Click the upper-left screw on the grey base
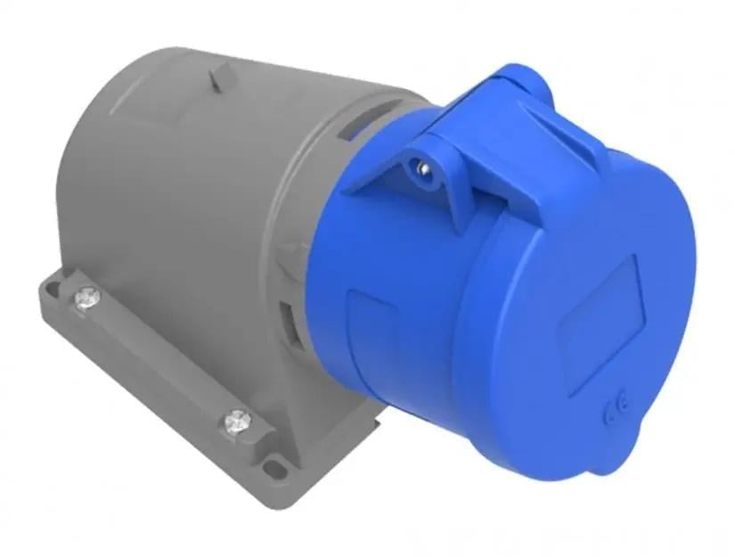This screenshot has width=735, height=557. [x=86, y=296]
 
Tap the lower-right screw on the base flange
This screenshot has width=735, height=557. [x=238, y=420]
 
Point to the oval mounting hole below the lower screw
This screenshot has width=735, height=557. [x=278, y=463]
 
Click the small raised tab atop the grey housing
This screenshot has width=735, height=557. [x=216, y=79]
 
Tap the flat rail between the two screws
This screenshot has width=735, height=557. [x=160, y=356]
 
